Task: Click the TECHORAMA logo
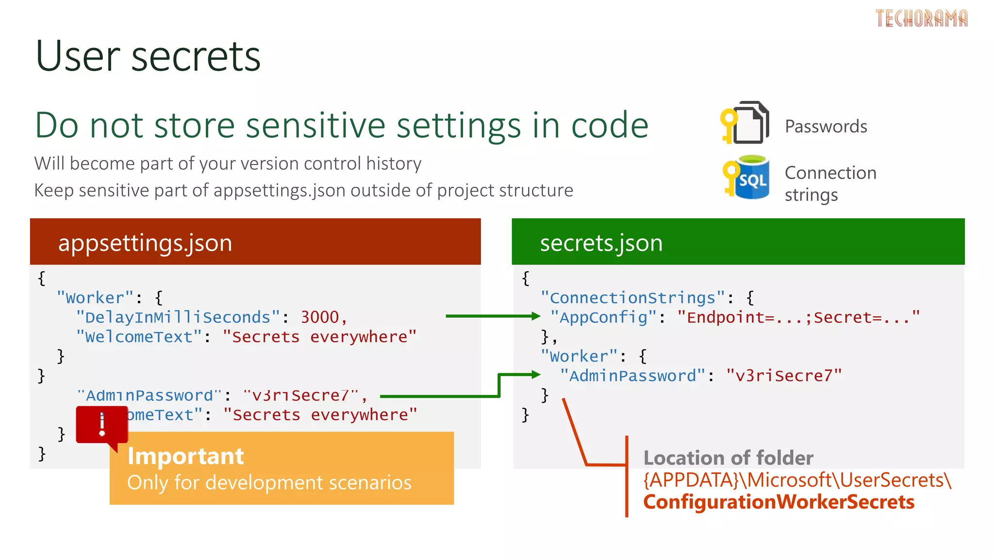[x=921, y=18]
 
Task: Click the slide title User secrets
[x=148, y=56]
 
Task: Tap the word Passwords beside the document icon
[x=826, y=127]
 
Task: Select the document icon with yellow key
[x=745, y=123]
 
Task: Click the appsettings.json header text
[x=145, y=243]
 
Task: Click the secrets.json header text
[x=601, y=243]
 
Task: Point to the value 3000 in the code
[x=320, y=317]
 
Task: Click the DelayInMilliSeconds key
[x=178, y=317]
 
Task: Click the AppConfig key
[x=603, y=317]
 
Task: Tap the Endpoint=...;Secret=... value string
[x=798, y=317]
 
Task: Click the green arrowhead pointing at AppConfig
[x=536, y=316]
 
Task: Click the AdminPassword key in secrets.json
[x=632, y=376]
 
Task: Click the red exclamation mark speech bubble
[x=102, y=425]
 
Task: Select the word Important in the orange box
[x=185, y=456]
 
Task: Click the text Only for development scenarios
[x=269, y=483]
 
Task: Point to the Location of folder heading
[x=728, y=458]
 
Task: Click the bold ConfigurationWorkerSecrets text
[x=779, y=502]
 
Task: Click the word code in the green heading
[x=610, y=125]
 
